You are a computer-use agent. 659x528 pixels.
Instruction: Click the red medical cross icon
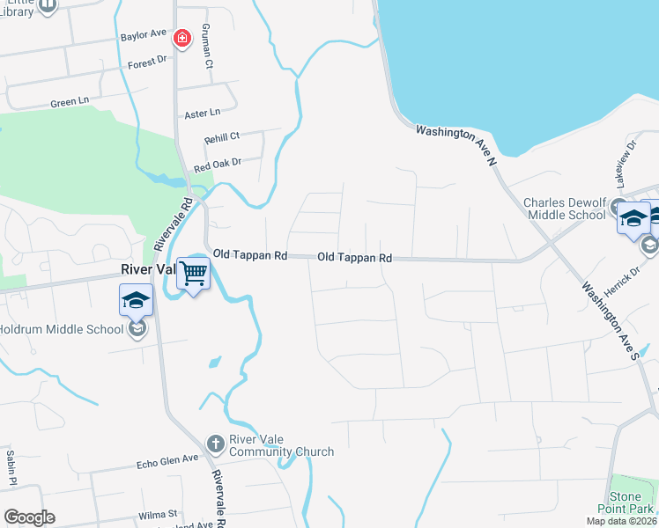(181, 39)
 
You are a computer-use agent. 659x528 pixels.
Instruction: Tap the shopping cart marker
(193, 273)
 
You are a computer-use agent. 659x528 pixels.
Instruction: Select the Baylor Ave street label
(144, 34)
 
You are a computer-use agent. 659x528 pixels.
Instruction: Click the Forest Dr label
(146, 62)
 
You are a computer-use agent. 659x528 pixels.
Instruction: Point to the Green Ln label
(70, 102)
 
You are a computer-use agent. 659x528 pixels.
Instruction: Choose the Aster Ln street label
(202, 114)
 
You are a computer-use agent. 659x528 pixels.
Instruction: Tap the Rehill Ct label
(222, 136)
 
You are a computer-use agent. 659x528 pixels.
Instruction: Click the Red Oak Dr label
(217, 165)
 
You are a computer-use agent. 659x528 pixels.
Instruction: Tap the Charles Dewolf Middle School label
(565, 209)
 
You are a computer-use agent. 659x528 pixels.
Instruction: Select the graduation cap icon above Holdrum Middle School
(137, 300)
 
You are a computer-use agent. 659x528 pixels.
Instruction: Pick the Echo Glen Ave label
(167, 460)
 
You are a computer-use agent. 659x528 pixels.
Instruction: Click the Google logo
(29, 517)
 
